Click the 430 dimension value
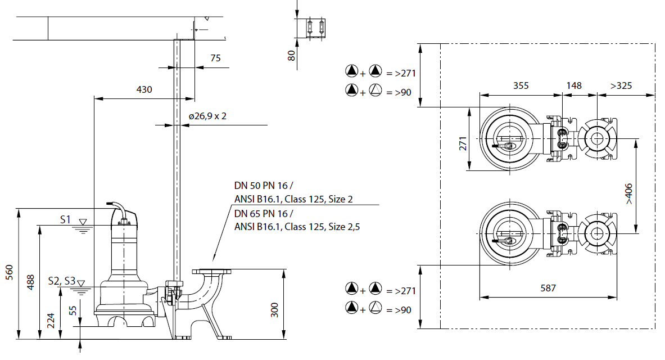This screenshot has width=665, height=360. tap(144, 89)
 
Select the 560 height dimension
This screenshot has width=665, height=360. tap(10, 272)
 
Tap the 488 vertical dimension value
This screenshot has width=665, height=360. tap(30, 282)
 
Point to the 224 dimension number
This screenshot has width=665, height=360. tap(51, 321)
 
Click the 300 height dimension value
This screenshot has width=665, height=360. tap(275, 310)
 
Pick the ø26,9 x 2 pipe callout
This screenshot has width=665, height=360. tap(207, 116)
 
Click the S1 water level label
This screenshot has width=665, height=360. tap(65, 219)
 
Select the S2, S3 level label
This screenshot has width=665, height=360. tap(61, 281)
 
